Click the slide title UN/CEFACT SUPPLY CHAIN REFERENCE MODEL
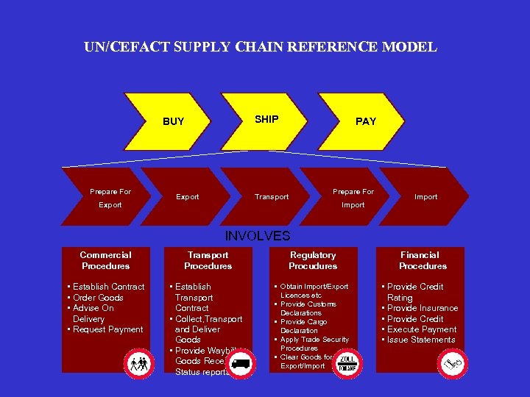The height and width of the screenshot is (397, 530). point(261,48)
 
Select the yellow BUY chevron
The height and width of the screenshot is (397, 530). point(174,121)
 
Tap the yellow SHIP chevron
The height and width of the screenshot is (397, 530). point(266,119)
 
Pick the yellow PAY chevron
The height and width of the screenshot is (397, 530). point(366,121)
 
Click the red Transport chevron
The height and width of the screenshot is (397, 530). point(272,197)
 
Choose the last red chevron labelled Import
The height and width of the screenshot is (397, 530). point(426,197)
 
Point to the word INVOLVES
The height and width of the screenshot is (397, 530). point(258,236)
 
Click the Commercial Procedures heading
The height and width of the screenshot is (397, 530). point(105,260)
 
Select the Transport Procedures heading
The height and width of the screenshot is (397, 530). point(208,260)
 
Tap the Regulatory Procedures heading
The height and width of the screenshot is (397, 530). point(313,260)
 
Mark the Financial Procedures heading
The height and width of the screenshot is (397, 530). point(422,260)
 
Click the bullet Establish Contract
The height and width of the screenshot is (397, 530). point(107,287)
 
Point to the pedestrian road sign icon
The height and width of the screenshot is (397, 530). point(138,362)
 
